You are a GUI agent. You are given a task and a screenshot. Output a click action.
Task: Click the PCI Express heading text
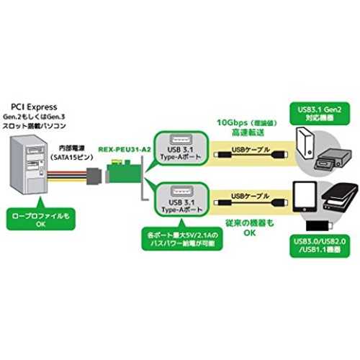(34, 107)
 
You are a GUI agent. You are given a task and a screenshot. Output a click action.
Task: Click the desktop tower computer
(28, 164)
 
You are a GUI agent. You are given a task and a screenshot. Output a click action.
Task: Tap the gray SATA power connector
(94, 176)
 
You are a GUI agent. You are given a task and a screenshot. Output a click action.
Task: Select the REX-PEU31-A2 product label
(125, 150)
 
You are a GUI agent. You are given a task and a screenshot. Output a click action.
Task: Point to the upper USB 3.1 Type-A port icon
(181, 140)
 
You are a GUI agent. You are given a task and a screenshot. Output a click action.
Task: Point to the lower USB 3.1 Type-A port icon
(181, 192)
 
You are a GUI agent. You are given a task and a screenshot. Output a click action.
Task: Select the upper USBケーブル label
(251, 150)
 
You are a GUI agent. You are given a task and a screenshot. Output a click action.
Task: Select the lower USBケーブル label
(250, 196)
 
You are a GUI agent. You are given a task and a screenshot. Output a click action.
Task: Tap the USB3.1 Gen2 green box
(320, 114)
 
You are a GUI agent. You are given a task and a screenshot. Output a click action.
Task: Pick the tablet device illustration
(305, 197)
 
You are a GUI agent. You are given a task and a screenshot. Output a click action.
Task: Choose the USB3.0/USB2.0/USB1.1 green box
(320, 246)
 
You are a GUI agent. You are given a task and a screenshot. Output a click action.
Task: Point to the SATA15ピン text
(72, 158)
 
